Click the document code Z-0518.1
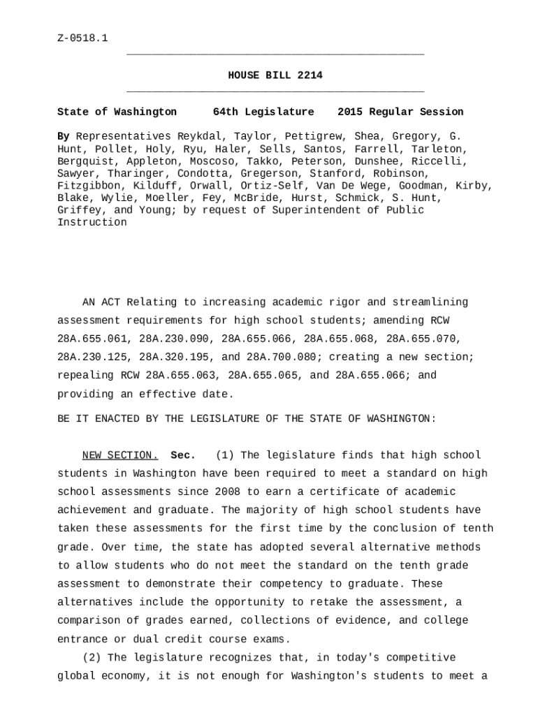(x=82, y=38)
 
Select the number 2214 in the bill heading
(x=310, y=75)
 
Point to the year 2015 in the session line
(x=350, y=112)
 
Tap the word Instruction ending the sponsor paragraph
(x=92, y=222)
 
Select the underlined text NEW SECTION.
(x=120, y=456)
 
